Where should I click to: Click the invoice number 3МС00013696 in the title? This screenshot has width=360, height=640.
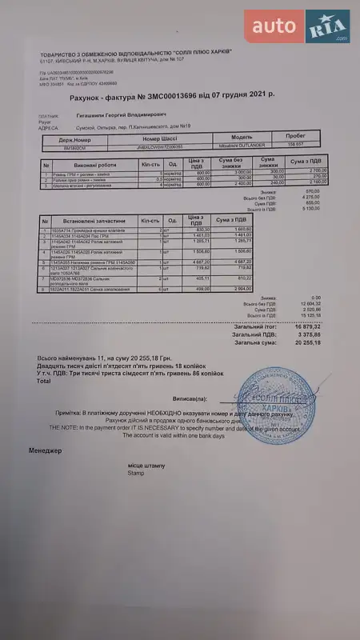(167, 94)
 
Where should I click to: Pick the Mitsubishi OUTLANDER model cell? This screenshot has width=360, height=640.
(241, 146)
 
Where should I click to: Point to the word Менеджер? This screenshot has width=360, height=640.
(46, 451)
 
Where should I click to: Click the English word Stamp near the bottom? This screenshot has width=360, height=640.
(135, 473)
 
